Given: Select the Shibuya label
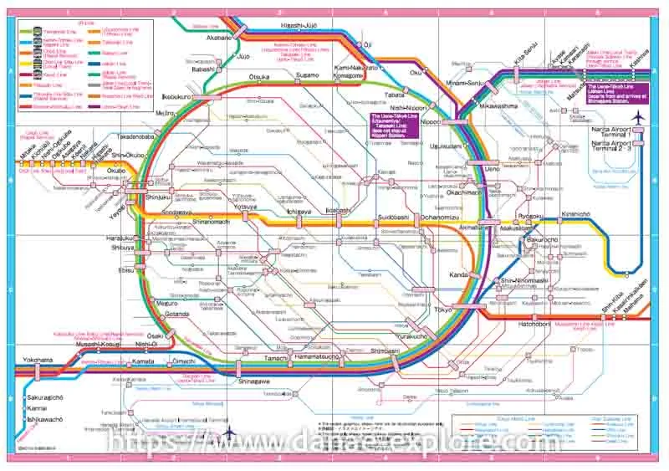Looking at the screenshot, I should (123, 248).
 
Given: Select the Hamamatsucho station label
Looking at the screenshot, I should (317, 357).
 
